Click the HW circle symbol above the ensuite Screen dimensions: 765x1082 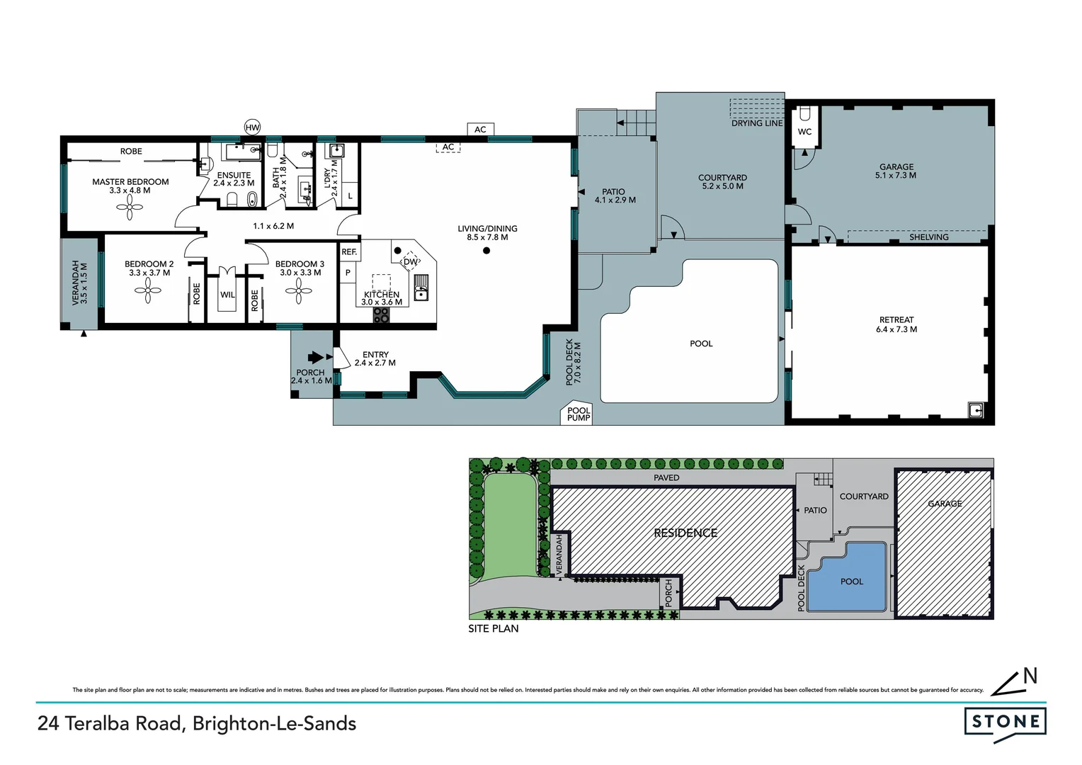point(252,127)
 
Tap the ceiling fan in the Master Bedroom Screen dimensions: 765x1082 point(130,207)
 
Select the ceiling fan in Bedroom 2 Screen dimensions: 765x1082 point(149,289)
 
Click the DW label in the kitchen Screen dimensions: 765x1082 point(410,262)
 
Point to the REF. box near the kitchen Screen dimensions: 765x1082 point(349,252)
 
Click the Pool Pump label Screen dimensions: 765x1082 point(579,414)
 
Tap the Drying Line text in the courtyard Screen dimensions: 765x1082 point(757,123)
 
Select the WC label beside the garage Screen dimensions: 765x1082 point(804,132)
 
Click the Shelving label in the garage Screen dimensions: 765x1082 point(928,237)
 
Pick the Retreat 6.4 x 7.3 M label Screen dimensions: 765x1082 point(896,324)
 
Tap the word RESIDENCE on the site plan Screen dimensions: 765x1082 point(685,533)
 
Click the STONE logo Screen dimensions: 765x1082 point(1005,722)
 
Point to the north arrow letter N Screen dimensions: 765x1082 point(1030,676)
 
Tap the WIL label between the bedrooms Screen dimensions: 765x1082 point(227,295)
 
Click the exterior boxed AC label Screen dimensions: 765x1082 point(480,129)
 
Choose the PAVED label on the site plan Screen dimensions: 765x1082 point(666,477)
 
